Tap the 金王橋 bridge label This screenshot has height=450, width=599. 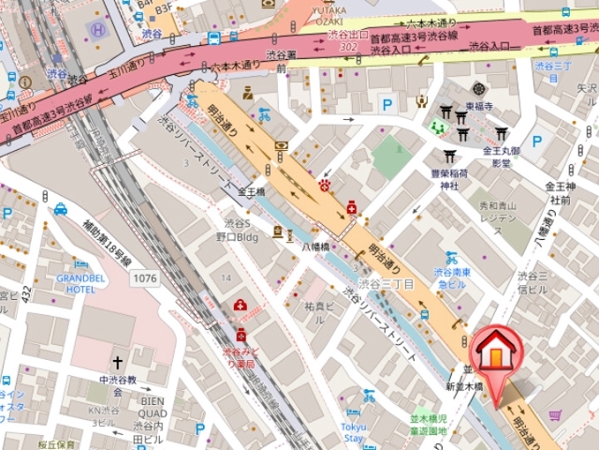(252, 191)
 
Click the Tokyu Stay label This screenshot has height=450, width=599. (353, 432)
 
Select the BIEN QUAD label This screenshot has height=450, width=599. (153, 404)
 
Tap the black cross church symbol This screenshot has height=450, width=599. (118, 362)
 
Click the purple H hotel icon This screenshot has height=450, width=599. (97, 29)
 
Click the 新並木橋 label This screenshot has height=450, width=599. (462, 386)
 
